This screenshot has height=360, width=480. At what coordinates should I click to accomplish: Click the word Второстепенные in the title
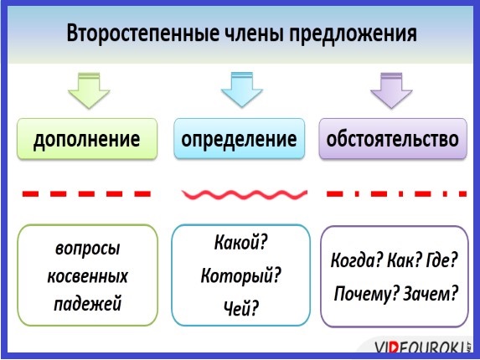(x=143, y=33)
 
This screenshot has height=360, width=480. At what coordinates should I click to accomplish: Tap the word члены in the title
(x=254, y=33)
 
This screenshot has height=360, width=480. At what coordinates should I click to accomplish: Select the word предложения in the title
(x=353, y=34)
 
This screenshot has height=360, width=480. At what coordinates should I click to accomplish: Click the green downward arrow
(x=89, y=90)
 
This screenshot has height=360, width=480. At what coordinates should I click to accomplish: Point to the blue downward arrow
(x=242, y=90)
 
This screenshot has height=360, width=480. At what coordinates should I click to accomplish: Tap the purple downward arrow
(x=391, y=90)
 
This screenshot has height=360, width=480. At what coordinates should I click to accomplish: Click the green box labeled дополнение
(x=87, y=139)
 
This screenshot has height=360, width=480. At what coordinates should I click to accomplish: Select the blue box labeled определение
(x=240, y=138)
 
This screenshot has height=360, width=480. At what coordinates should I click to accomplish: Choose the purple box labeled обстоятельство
(x=393, y=138)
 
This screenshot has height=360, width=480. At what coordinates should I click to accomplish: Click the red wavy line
(x=245, y=194)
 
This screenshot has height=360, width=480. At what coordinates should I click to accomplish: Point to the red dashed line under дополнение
(x=86, y=193)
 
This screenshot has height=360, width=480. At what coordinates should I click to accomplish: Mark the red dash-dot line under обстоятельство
(x=396, y=193)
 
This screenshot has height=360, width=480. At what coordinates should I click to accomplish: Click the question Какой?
(x=241, y=243)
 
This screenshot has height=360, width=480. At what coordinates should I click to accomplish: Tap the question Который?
(x=240, y=275)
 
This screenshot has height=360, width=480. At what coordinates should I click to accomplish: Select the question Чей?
(x=241, y=308)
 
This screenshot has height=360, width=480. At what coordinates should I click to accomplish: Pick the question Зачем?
(x=431, y=293)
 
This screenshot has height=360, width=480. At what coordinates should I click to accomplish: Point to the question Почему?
(x=367, y=294)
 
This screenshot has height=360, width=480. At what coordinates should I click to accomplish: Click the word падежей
(x=88, y=304)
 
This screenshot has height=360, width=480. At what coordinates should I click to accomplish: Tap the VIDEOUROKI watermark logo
(x=422, y=347)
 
